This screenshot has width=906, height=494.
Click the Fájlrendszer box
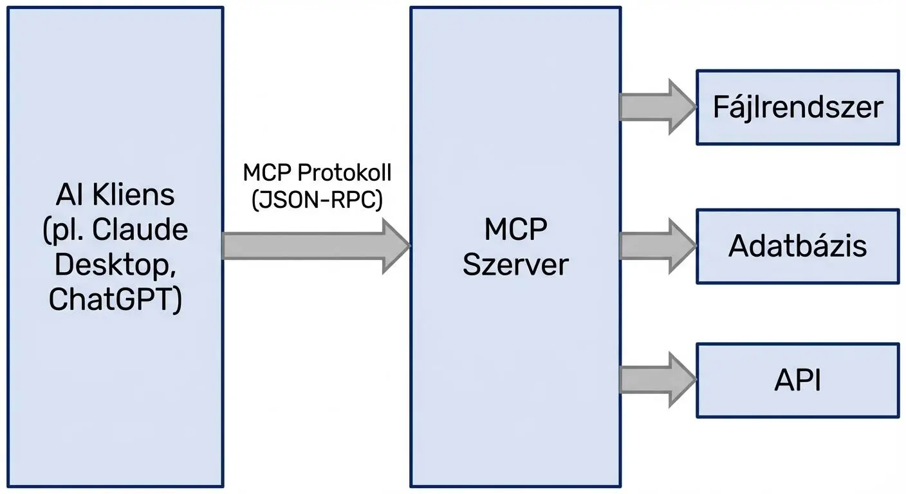point(797,107)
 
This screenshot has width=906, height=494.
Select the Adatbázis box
point(797,246)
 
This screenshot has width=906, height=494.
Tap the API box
point(797,381)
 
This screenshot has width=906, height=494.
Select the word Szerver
point(515,264)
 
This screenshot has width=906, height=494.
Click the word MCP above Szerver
point(515,230)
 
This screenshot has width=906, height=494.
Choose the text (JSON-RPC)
point(317,200)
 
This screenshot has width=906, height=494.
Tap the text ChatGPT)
point(115,299)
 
